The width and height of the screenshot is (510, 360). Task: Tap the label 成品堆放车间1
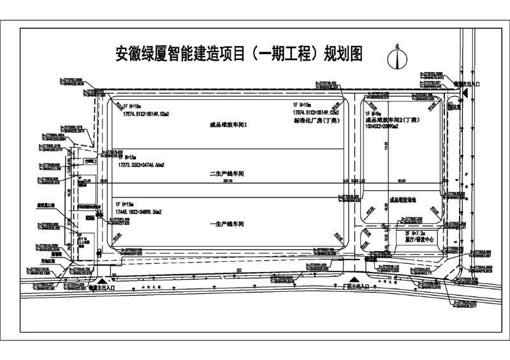[228, 125]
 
